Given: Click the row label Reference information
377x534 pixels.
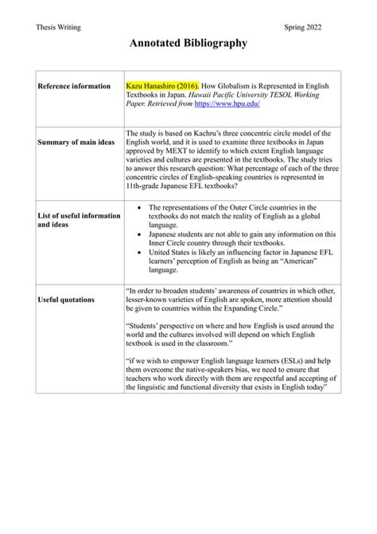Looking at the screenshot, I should click(x=76, y=86).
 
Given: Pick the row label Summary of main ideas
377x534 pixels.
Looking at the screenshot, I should click(x=78, y=142).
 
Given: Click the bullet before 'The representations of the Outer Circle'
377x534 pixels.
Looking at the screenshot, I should click(x=140, y=207).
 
